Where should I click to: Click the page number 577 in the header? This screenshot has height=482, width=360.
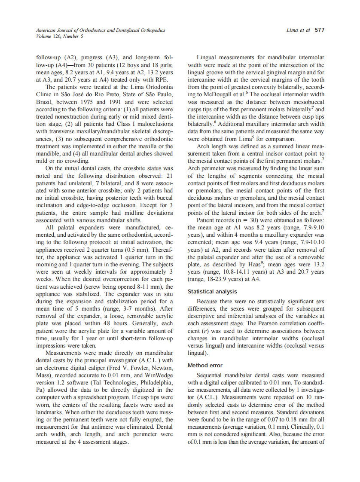(x=319, y=31)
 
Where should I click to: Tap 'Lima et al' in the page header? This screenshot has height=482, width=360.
(x=299, y=31)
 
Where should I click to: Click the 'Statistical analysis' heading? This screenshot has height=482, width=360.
(x=212, y=292)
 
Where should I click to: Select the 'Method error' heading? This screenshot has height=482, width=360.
(x=205, y=366)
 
